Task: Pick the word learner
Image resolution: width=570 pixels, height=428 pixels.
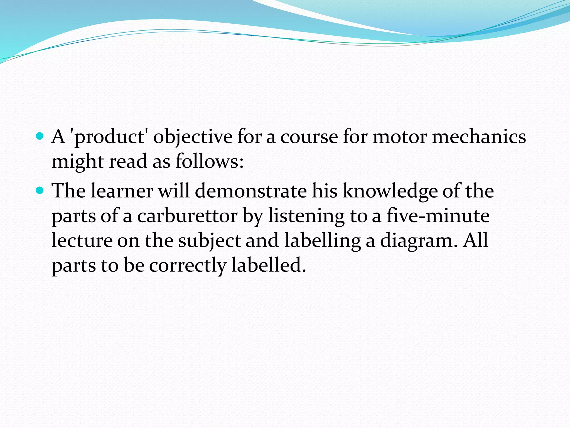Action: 122,191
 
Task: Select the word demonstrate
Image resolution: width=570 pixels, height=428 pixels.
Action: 250,191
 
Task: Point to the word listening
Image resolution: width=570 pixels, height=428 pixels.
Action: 306,216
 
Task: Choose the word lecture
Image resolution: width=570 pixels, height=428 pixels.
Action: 82,240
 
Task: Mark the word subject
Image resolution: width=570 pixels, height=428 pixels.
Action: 210,241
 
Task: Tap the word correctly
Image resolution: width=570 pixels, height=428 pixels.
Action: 188,265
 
